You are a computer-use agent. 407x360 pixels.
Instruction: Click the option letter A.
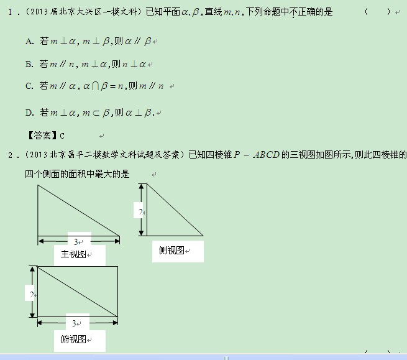click(29, 42)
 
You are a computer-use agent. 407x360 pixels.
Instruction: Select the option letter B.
click(29, 64)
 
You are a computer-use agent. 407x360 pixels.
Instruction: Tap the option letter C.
click(29, 86)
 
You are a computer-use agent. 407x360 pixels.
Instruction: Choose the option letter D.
click(29, 113)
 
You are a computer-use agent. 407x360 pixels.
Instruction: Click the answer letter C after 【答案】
click(62, 136)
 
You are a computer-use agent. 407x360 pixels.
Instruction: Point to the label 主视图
click(73, 254)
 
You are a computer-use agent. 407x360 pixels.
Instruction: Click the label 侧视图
click(171, 251)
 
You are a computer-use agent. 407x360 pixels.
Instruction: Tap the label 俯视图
click(73, 339)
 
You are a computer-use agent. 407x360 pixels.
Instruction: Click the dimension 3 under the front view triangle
click(76, 242)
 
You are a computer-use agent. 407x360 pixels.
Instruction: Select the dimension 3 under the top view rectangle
click(74, 323)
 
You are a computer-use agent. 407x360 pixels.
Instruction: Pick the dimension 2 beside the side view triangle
click(140, 212)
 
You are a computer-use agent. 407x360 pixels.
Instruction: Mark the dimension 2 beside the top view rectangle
click(32, 295)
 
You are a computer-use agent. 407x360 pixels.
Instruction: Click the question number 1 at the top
click(10, 12)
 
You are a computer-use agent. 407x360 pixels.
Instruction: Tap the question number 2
click(10, 155)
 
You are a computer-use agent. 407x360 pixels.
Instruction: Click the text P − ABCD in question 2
click(257, 155)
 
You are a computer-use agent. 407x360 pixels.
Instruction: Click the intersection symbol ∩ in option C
click(95, 86)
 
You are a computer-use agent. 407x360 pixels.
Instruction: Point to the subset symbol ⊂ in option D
click(96, 113)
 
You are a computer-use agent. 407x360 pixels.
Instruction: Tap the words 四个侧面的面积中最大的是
click(77, 173)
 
